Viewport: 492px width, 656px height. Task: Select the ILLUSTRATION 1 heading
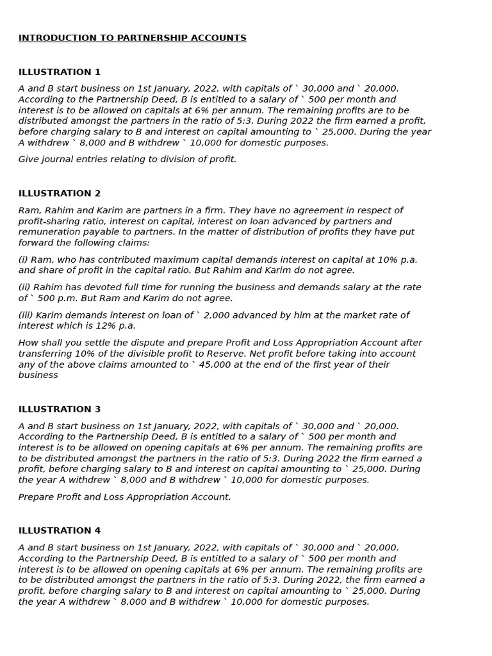[60, 72]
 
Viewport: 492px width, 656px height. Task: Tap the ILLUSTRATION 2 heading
[60, 193]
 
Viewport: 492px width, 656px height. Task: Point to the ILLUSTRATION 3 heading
[60, 409]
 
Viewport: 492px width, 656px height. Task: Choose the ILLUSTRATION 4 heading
[60, 531]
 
